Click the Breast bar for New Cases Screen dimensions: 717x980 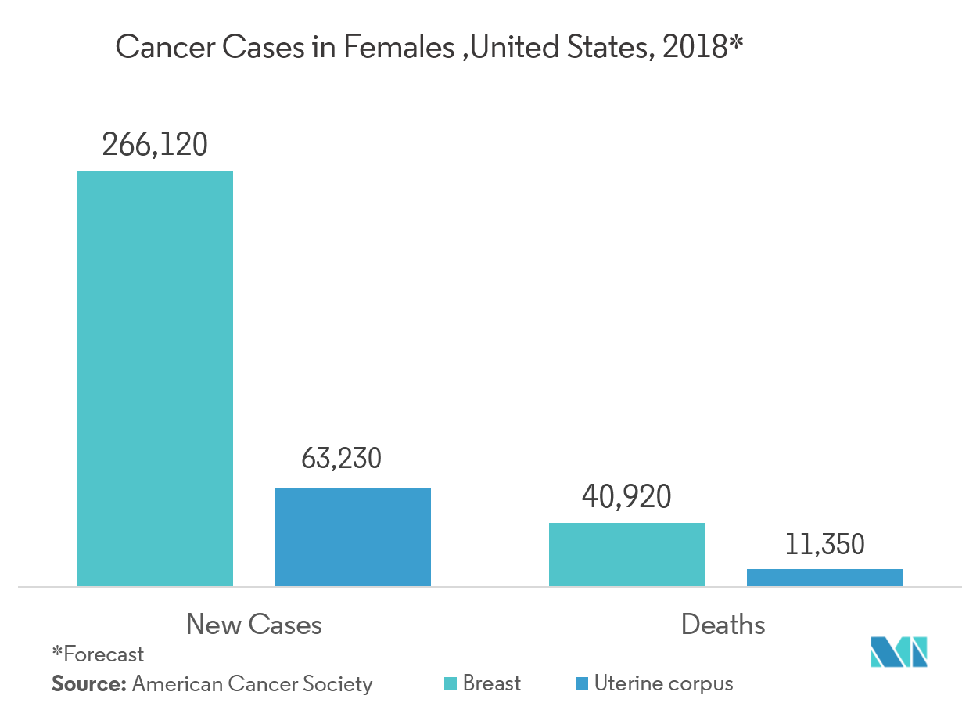(155, 378)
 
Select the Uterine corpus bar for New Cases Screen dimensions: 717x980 (353, 537)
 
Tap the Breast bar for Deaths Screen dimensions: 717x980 (626, 554)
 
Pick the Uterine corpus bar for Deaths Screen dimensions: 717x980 (824, 578)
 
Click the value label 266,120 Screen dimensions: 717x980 (155, 145)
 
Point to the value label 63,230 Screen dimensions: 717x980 (342, 459)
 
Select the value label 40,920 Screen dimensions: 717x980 (626, 497)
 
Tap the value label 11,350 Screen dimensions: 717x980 (824, 544)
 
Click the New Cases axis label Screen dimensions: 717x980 (254, 624)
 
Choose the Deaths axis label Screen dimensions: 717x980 (723, 624)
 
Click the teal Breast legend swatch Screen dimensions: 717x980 (451, 684)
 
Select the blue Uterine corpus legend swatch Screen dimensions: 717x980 (581, 684)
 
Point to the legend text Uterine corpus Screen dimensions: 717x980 (663, 683)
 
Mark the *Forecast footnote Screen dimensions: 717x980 (98, 654)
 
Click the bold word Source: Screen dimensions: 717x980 (88, 684)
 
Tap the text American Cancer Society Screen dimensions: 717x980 (252, 684)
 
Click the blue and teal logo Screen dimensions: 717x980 (899, 652)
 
